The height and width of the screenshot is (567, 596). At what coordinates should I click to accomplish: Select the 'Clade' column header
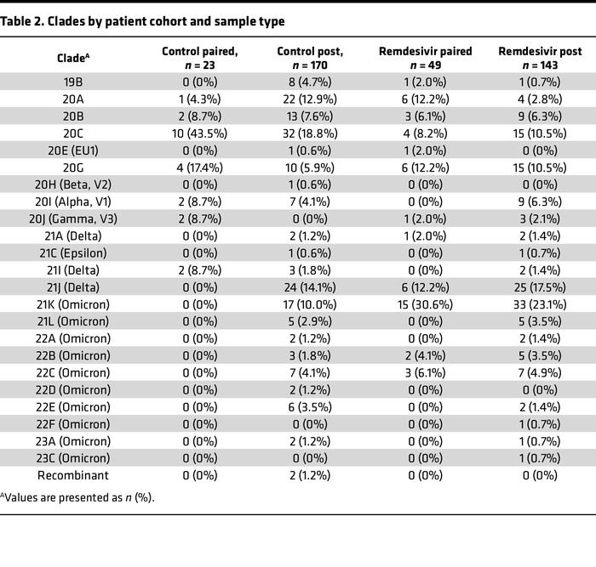click(x=72, y=59)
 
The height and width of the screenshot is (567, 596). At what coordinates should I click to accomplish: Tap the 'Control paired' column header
click(x=200, y=59)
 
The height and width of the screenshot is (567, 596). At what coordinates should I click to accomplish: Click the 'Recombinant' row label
click(x=72, y=476)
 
